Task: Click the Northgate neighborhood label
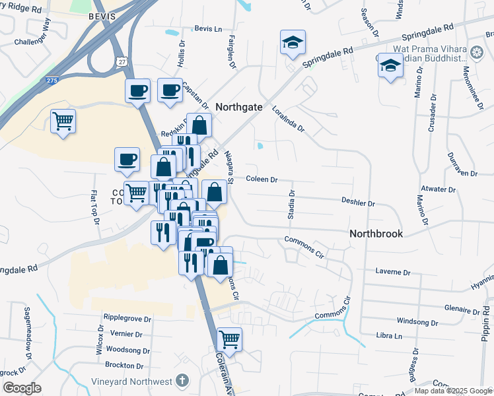239,106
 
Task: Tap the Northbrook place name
375,234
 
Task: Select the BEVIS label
103,16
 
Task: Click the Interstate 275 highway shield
52,81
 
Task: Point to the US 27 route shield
122,61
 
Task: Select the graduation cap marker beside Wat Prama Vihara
390,66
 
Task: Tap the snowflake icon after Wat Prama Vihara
476,51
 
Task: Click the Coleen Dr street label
262,179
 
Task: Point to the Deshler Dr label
358,203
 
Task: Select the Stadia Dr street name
291,205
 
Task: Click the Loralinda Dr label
287,118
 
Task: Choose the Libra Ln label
390,336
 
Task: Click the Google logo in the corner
22,387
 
